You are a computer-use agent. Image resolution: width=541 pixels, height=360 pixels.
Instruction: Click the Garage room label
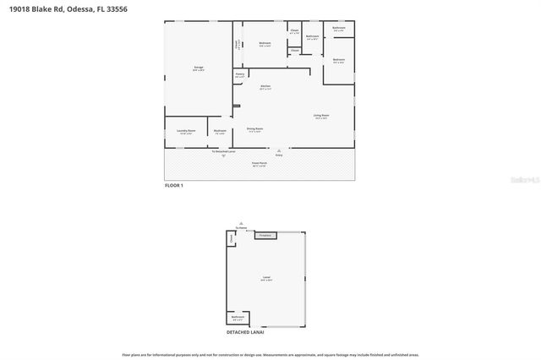198,68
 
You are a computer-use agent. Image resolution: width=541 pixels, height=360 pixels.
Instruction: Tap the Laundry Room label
186,131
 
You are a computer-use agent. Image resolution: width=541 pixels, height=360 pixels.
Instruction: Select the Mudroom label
220,131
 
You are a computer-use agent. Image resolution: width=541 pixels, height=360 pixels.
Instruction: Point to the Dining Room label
254,129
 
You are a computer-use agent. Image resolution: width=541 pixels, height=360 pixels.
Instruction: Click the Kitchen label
265,87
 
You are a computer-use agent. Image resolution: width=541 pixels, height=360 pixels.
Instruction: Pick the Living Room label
321,116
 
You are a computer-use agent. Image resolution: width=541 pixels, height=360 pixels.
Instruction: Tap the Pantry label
240,75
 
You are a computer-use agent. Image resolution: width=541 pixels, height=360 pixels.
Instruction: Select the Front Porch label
259,164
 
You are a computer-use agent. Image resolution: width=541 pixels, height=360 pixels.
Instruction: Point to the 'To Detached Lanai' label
223,150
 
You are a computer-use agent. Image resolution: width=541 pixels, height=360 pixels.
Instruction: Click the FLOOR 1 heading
173,183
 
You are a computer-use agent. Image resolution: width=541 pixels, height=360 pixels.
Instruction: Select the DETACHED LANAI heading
245,332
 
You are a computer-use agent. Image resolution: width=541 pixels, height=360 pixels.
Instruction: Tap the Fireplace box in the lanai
265,235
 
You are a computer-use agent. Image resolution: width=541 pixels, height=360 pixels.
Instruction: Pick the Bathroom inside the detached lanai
238,319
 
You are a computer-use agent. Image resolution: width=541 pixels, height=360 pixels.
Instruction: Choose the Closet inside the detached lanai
231,239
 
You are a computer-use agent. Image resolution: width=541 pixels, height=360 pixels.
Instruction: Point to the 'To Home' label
242,227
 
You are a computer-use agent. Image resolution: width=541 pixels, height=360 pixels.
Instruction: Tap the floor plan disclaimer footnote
270,354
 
